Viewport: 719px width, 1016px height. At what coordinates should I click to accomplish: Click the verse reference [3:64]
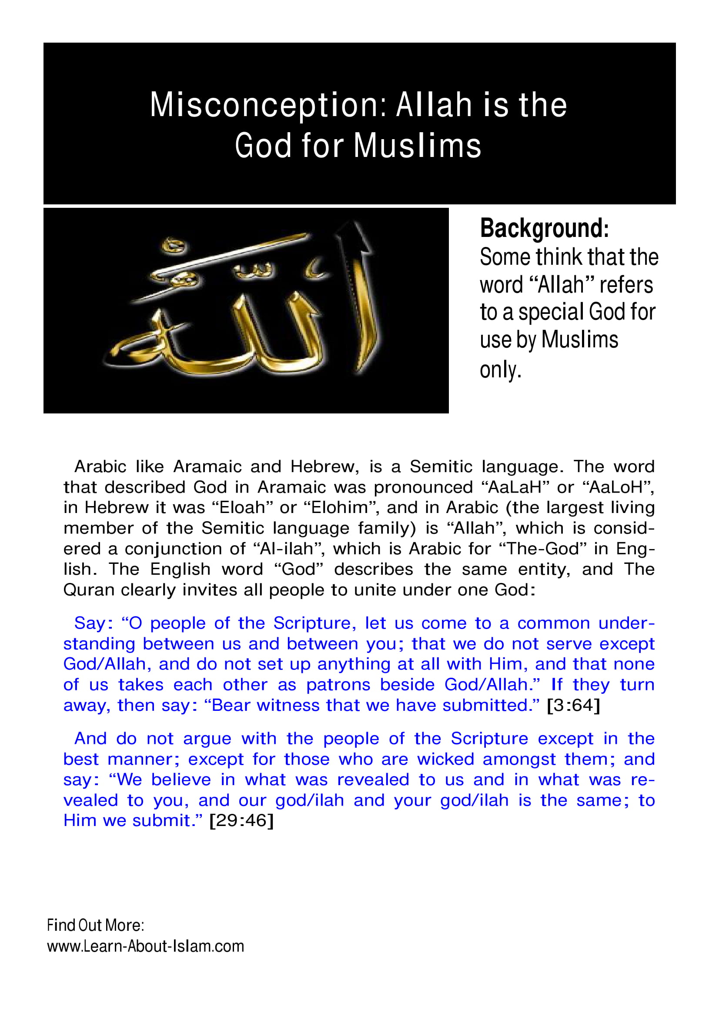click(x=574, y=705)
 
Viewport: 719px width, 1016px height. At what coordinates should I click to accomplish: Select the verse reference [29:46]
click(x=241, y=820)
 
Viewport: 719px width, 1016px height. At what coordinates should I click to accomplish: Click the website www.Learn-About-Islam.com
click(x=146, y=946)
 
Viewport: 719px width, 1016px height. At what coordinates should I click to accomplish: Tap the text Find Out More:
click(x=96, y=925)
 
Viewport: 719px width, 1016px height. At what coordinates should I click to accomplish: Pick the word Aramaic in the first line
click(x=205, y=466)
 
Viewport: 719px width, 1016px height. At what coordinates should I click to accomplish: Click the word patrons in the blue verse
click(x=338, y=685)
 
